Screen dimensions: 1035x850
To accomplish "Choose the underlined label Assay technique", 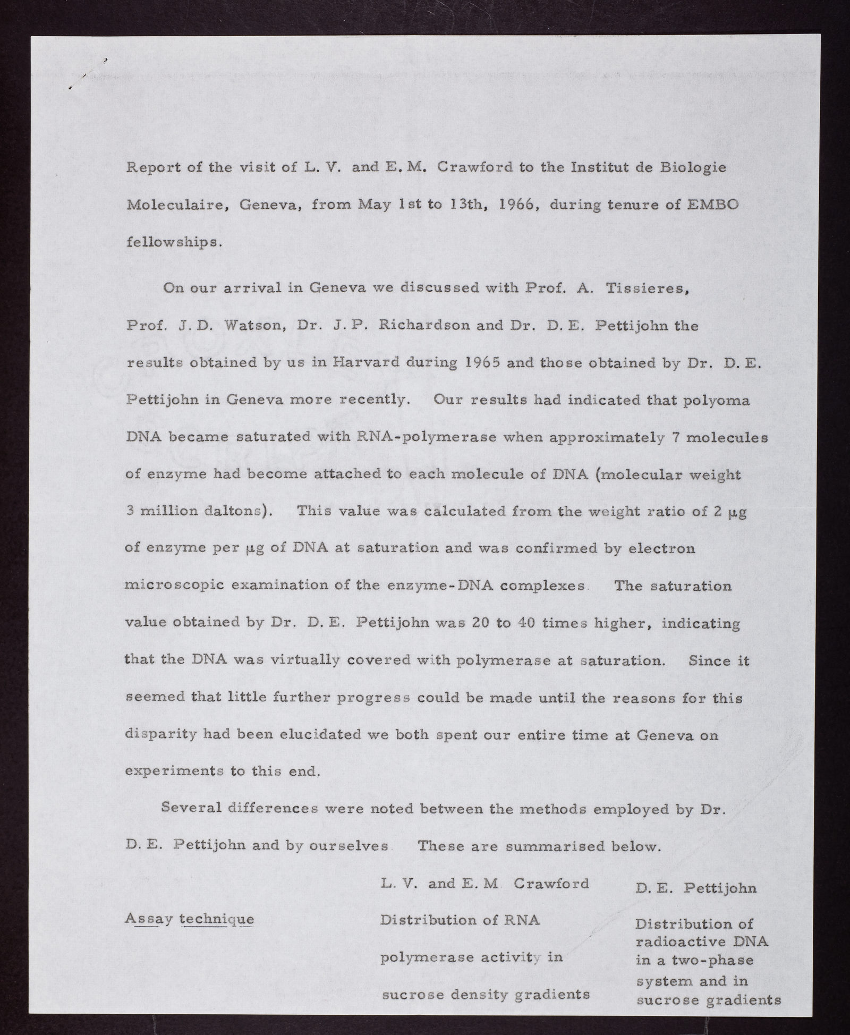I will tap(190, 920).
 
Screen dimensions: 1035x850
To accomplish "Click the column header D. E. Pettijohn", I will tap(696, 888).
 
